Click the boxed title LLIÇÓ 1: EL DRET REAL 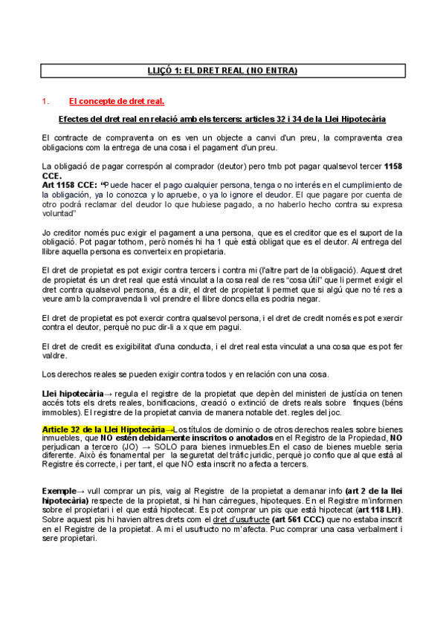click(x=222, y=71)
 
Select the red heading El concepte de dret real click(x=117, y=101)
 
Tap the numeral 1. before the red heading click(x=45, y=101)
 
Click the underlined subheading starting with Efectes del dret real click(x=222, y=120)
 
